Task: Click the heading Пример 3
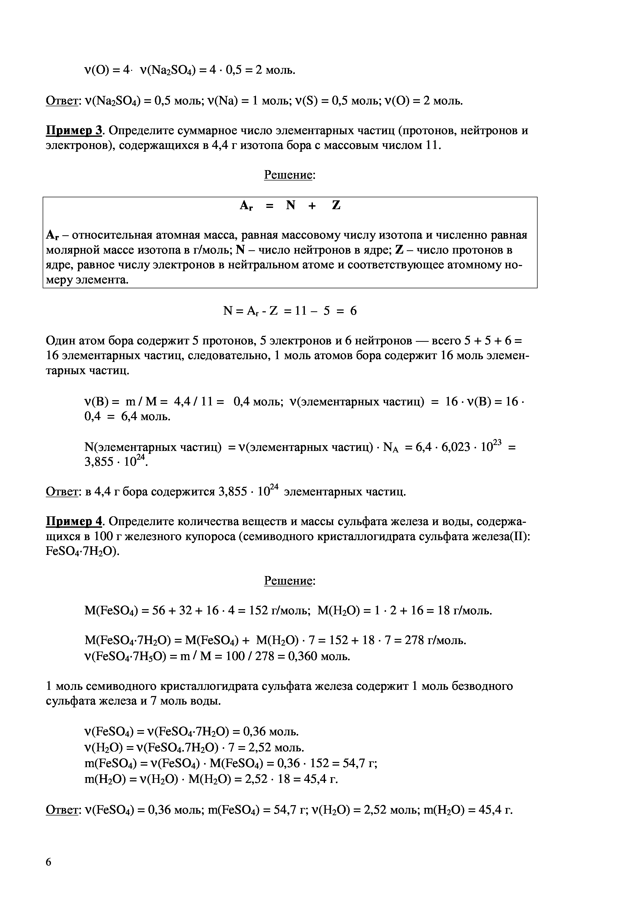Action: click(x=74, y=130)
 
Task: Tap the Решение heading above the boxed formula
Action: click(x=289, y=175)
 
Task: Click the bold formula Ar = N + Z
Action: click(x=290, y=206)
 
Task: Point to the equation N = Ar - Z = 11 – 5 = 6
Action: click(x=290, y=311)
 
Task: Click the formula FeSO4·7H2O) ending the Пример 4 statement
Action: click(x=82, y=552)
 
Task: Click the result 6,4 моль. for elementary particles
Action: click(x=146, y=416)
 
